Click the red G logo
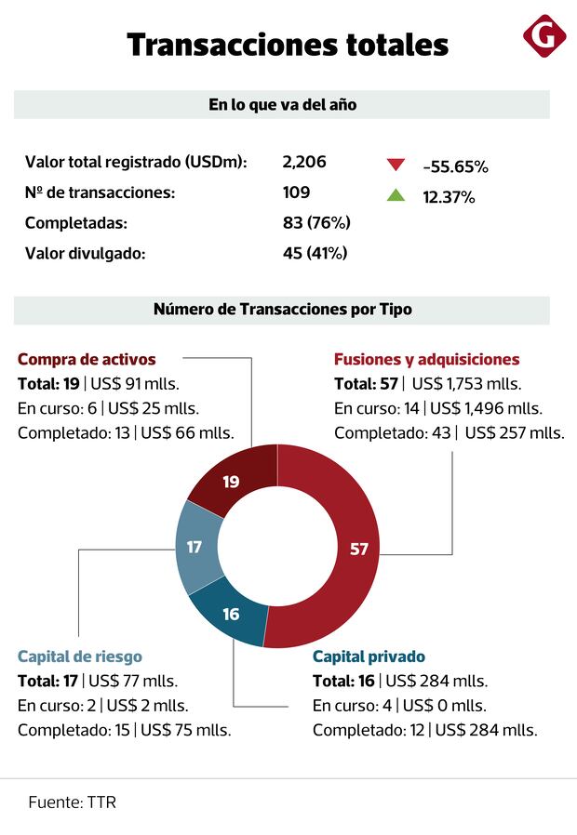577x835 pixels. tap(543, 36)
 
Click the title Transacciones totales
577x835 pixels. tap(288, 44)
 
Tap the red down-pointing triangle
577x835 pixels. tap(396, 166)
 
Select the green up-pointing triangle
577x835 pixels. tap(396, 195)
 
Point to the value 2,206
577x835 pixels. tap(304, 162)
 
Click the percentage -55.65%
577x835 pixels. tap(455, 166)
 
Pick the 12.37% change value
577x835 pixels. tap(449, 197)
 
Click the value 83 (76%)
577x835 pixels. tap(316, 222)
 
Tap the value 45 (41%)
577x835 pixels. tap(315, 252)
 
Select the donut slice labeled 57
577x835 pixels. tap(358, 549)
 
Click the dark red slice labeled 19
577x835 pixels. tap(232, 481)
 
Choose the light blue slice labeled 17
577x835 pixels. tap(195, 547)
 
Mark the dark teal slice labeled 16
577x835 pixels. tap(231, 614)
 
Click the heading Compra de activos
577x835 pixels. tap(87, 359)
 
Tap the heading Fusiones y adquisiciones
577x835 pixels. tap(426, 359)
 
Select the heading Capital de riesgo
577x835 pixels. tap(80, 656)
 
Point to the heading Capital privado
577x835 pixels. tap(369, 656)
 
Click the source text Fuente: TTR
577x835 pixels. tap(72, 802)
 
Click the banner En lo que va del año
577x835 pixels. tap(282, 105)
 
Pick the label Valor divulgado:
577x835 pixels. tap(86, 252)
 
